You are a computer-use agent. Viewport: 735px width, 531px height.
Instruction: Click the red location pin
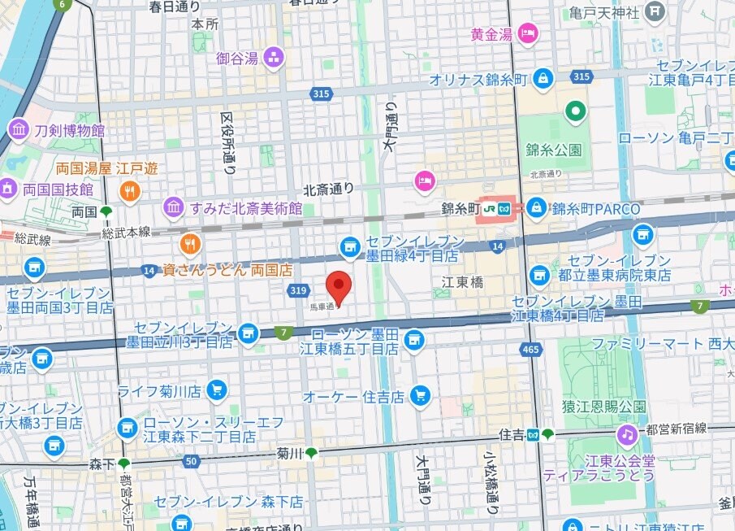339,286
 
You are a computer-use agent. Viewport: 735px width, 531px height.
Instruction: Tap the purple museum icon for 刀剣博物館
19,129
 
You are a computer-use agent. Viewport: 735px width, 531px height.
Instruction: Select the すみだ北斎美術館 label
245,208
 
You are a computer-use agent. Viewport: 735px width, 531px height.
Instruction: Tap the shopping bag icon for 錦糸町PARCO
536,208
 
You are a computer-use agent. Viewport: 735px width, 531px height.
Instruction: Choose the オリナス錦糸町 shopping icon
543,79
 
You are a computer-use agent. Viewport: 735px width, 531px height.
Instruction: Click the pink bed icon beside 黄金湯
528,34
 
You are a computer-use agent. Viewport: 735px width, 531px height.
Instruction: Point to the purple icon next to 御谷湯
274,57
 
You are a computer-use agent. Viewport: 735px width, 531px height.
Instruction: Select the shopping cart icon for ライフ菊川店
216,391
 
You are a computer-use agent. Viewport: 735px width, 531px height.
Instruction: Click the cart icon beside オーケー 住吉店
419,396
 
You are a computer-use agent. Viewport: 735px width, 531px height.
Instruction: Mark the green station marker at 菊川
311,452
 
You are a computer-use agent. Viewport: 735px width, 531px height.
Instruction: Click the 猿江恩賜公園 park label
605,406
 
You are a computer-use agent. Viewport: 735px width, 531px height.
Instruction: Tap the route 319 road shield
296,290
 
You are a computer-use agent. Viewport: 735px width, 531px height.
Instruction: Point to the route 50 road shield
191,461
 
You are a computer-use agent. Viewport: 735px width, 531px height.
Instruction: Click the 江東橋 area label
462,282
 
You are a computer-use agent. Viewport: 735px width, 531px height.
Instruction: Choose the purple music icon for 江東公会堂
626,435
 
